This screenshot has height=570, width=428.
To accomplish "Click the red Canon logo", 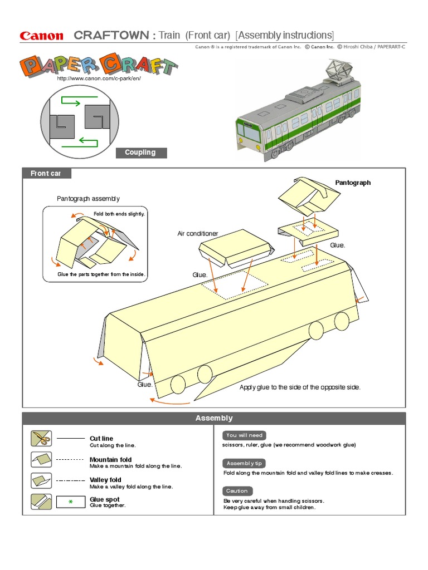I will (42, 36).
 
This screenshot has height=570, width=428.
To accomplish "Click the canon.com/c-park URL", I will (99, 78).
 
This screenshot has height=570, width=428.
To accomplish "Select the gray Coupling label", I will (140, 153).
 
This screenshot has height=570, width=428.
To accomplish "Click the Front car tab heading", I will (46, 174).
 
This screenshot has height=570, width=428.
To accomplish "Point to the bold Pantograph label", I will (352, 183).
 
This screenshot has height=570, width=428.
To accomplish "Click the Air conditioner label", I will (198, 234).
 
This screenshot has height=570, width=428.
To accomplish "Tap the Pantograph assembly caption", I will (88, 199).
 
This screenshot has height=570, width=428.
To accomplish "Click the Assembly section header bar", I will (214, 418).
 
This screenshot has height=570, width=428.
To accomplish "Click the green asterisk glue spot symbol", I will (70, 502).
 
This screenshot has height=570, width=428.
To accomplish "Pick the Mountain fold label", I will (110, 460).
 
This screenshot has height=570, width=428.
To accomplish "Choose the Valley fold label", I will (105, 480).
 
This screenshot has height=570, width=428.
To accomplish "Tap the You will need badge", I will (244, 435).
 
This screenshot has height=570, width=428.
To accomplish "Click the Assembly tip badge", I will (245, 463).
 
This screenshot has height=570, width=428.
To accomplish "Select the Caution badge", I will (237, 491).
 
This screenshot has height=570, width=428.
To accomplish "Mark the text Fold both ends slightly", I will (119, 214).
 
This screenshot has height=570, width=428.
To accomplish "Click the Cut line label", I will (101, 439).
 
